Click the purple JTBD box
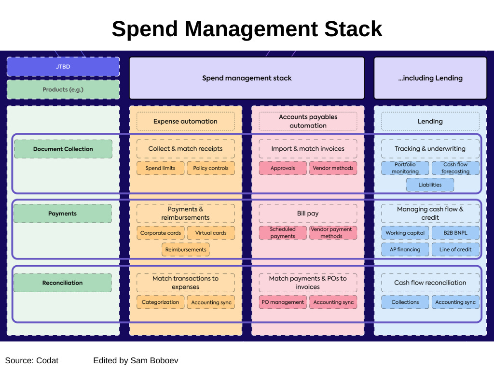pos(63,67)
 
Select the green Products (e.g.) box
pos(63,89)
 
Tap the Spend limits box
pos(160,168)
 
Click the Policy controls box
pos(210,168)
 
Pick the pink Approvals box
pos(283,168)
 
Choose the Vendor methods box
pos(333,168)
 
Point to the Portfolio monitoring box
pos(405,168)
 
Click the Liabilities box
pos(430,185)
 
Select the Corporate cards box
pos(161,233)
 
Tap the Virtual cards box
pos(210,233)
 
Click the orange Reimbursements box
pos(186,249)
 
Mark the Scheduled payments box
pos(283,233)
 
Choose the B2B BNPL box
pos(455,233)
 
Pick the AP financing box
pos(405,249)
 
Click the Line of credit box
pos(455,249)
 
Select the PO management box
pos(283,302)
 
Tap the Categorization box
pos(160,302)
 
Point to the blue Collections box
pos(405,302)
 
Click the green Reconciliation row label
pos(63,283)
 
